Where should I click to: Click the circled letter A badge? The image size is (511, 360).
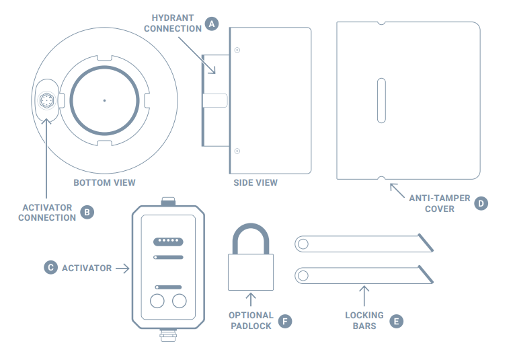212,24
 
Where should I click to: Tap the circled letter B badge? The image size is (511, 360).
87,212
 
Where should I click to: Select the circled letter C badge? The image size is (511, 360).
50,268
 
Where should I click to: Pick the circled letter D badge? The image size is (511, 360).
481,203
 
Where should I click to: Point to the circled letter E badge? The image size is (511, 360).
396,321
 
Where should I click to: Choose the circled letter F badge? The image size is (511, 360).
285,321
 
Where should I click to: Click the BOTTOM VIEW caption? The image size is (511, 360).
105,182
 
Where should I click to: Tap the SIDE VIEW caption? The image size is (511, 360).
255,182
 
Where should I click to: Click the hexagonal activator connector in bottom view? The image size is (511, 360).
46,100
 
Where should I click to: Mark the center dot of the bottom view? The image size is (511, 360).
104,100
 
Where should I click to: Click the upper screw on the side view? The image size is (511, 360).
237,50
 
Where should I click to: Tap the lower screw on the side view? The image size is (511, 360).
237,151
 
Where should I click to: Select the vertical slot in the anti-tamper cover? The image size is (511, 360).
381,100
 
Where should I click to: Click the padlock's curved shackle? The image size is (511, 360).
251,227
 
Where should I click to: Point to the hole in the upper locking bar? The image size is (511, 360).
303,244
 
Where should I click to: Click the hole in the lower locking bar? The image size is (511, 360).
303,275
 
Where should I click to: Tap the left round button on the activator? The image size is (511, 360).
157,301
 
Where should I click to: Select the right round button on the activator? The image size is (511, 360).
180,301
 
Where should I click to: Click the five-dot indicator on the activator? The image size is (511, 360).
168,242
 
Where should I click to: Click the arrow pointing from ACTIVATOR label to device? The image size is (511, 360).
122,268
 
